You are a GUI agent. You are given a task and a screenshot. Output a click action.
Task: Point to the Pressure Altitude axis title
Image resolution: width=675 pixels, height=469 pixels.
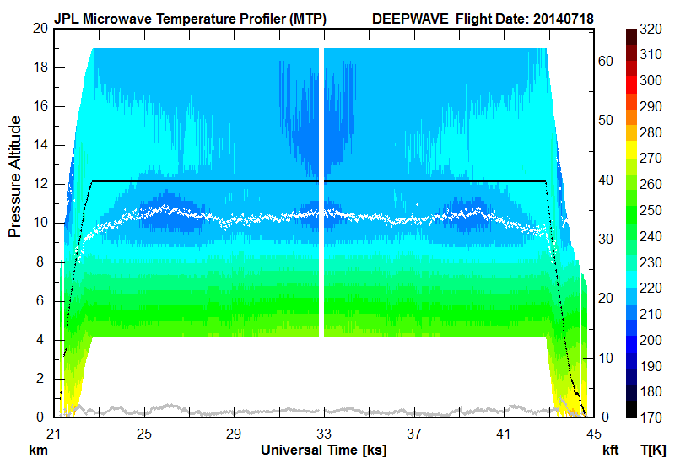(x=15, y=184)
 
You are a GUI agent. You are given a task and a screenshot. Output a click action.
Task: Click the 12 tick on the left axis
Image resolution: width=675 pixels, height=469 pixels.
(x=38, y=184)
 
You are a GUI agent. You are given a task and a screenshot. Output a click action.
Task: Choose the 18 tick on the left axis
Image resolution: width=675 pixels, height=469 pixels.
(x=38, y=67)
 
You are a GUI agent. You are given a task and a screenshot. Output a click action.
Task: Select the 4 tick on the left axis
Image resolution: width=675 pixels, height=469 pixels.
(x=41, y=340)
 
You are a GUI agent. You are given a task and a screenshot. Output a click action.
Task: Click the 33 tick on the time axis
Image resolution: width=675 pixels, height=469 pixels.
(x=323, y=433)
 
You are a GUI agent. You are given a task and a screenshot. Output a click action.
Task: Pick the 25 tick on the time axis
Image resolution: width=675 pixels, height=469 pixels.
(x=144, y=433)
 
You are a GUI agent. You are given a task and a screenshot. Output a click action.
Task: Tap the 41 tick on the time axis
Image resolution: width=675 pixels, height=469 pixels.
(x=503, y=433)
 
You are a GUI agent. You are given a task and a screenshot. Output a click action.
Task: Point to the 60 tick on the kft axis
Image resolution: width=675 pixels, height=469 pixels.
(x=605, y=61)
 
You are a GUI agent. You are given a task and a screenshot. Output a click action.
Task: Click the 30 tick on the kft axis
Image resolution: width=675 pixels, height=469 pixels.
(x=605, y=239)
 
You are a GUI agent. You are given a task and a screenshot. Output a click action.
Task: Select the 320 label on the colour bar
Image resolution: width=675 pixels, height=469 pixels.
(x=651, y=28)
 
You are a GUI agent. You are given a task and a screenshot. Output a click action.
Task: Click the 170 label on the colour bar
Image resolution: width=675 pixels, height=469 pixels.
(x=651, y=418)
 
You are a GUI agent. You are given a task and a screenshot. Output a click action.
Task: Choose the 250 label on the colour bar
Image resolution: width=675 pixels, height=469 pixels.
(x=651, y=210)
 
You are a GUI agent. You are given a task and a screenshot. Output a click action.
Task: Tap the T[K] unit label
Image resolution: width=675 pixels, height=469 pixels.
(x=654, y=450)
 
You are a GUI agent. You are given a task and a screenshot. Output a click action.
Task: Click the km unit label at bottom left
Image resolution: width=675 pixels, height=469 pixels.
(x=38, y=450)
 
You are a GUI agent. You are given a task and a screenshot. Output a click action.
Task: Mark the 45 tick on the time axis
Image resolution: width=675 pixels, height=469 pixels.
(x=592, y=433)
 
